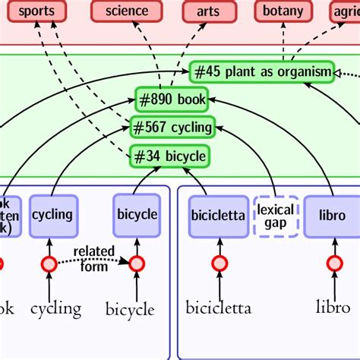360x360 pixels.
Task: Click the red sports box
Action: (x=36, y=11)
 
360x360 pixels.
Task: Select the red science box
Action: (x=127, y=11)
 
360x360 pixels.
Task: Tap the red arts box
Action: (x=207, y=11)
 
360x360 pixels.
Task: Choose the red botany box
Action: (x=283, y=11)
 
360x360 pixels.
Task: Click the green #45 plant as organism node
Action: (x=261, y=72)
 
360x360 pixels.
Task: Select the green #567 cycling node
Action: (x=172, y=127)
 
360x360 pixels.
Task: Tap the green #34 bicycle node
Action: (x=169, y=156)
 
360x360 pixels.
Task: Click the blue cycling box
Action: (x=52, y=215)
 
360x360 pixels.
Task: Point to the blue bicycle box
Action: (x=137, y=215)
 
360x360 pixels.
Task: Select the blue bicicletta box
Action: (x=218, y=216)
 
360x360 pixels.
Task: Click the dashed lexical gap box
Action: (x=276, y=215)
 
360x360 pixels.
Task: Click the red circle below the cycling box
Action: (x=49, y=264)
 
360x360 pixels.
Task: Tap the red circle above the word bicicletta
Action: (x=219, y=264)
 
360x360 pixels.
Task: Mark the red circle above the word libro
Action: (x=334, y=264)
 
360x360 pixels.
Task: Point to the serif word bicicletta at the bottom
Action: (x=219, y=308)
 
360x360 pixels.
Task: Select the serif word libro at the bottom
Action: (x=333, y=308)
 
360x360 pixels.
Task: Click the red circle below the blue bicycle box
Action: (x=137, y=264)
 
